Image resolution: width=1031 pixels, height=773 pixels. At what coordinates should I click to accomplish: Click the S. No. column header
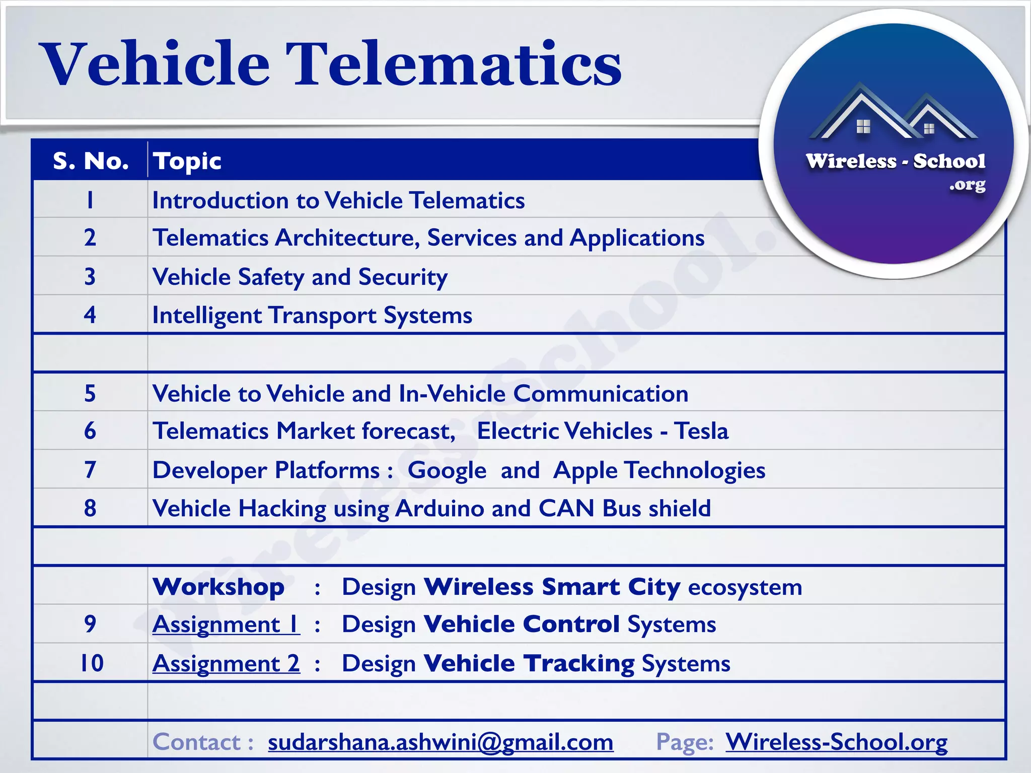pos(91,161)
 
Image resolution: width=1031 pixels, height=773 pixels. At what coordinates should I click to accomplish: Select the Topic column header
pos(187,161)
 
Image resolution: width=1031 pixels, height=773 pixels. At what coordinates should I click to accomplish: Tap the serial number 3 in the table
pos(90,276)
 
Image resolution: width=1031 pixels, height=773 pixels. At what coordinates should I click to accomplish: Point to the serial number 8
pos(90,508)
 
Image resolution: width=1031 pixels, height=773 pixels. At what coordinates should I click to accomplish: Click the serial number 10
pos(92,663)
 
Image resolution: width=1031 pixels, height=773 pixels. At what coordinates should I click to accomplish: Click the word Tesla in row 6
pos(701,431)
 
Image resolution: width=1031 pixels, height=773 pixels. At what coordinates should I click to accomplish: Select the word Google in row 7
pos(447,471)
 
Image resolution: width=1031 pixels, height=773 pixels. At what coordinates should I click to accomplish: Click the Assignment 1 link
pos(226,625)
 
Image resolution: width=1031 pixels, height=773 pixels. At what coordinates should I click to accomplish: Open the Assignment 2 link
pos(226,663)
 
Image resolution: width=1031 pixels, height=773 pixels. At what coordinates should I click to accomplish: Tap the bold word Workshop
pos(218,587)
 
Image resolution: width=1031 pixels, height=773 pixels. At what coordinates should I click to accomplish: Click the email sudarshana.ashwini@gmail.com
pos(440,742)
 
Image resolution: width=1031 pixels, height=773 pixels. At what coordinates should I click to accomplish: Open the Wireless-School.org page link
pos(836,742)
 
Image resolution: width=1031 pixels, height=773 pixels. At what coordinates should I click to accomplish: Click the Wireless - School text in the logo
pos(895,161)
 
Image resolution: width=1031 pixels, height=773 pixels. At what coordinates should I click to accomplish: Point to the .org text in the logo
pos(967,185)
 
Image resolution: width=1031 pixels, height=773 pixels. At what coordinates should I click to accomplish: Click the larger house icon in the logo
pos(862,113)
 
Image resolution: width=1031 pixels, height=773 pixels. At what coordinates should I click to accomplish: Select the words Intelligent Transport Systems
pos(312,316)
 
